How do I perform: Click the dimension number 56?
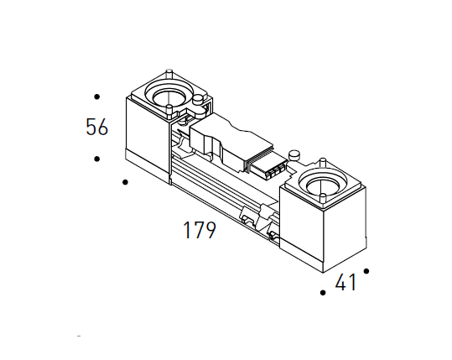point(97,128)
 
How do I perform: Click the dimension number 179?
point(199,230)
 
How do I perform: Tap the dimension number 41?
point(345,284)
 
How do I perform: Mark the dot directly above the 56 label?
point(97,97)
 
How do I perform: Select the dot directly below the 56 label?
point(97,159)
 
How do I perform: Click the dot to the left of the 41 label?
point(323,293)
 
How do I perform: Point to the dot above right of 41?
point(366,271)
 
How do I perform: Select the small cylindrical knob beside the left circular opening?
point(199,102)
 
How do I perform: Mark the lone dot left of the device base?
point(126,181)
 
